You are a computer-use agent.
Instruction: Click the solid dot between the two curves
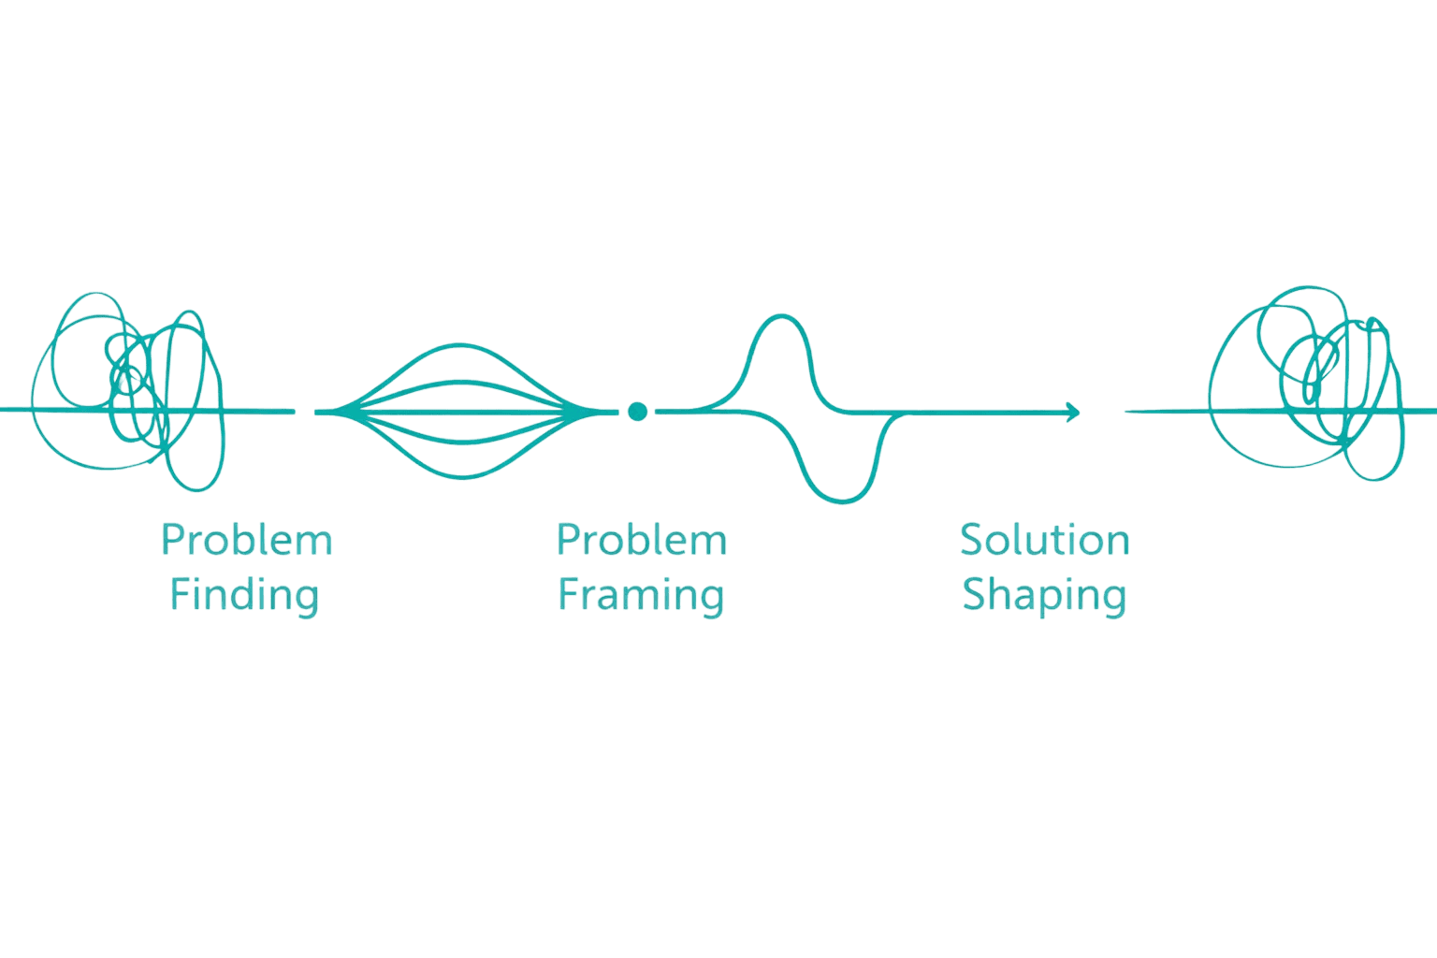[x=637, y=411]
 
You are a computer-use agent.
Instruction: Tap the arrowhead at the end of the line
[x=1074, y=411]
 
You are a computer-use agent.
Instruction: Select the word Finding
[x=244, y=595]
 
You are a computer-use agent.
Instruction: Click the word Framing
[x=641, y=595]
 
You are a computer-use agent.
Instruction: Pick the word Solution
[x=1044, y=540]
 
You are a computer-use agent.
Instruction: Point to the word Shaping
[x=1044, y=596]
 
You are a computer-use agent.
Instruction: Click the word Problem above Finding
[x=247, y=540]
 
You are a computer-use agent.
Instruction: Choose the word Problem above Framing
[x=642, y=540]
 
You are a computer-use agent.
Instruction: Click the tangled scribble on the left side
[x=131, y=393]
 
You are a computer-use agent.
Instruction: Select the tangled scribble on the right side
[x=1310, y=384]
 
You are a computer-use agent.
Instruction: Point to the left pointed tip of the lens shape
[x=318, y=411]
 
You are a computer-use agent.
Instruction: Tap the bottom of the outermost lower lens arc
[x=465, y=478]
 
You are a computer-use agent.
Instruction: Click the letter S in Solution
[x=971, y=540]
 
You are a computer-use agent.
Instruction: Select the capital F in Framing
[x=567, y=594]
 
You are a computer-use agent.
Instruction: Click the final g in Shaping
[x=1114, y=600]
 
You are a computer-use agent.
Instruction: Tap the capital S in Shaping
[x=973, y=595]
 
